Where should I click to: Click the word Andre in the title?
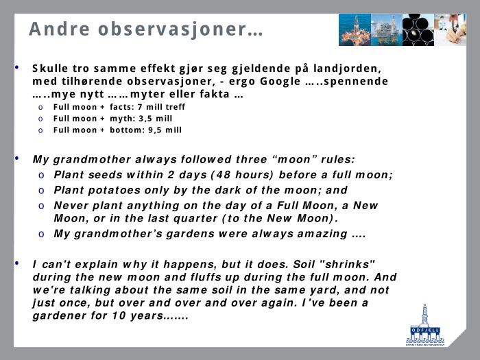(x=60, y=29)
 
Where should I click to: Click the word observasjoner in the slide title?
(x=172, y=29)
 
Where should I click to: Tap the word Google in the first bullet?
(x=280, y=82)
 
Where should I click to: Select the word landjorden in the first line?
(x=348, y=69)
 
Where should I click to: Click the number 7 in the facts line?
(x=140, y=107)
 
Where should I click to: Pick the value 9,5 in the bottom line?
(x=155, y=130)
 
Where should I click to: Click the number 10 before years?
(x=119, y=315)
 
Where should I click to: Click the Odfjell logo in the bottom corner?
(x=425, y=325)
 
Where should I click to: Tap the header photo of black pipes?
(x=418, y=29)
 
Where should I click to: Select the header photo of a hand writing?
(x=451, y=29)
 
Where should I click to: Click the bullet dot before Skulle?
(x=17, y=67)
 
